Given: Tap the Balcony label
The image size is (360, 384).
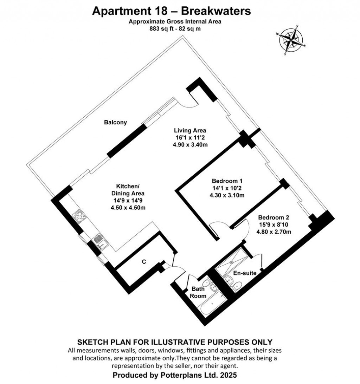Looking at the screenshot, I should click(x=115, y=123).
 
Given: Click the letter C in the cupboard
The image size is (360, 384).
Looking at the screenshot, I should click(x=144, y=261).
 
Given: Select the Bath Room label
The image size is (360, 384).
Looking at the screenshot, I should click(x=199, y=292).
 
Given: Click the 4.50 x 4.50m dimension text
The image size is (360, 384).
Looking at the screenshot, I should click(x=128, y=208).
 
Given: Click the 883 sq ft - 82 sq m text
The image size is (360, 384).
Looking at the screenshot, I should click(x=175, y=29).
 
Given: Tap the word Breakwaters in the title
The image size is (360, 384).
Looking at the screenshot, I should click(x=218, y=11).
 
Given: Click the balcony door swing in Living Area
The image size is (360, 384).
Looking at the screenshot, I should click(x=188, y=102).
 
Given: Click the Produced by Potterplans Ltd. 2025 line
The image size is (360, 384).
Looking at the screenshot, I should click(x=175, y=375).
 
